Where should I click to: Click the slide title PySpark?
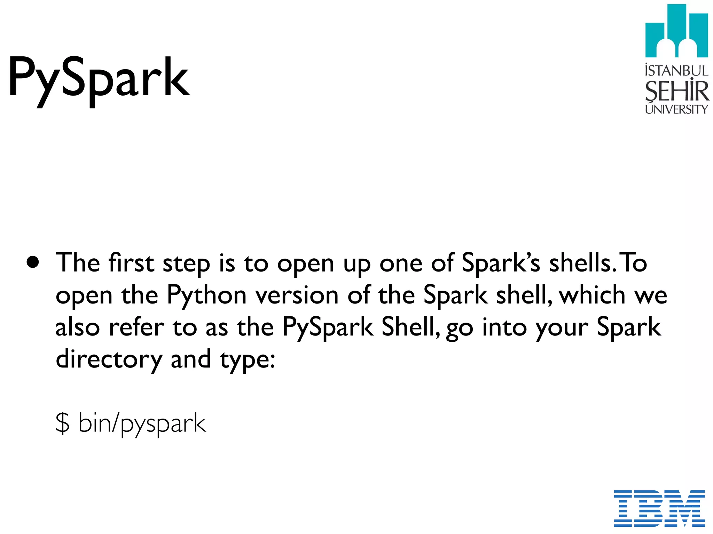coord(99,78)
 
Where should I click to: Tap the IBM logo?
coord(659,508)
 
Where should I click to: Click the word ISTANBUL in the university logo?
coord(676,71)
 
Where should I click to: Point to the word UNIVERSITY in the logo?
coord(676,109)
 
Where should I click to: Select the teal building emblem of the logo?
coord(676,31)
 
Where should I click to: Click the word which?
coord(592,295)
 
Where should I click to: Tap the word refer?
coord(136,327)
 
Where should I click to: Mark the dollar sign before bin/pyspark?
coord(63,423)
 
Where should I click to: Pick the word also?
coord(77,327)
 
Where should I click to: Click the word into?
coord(504,327)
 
